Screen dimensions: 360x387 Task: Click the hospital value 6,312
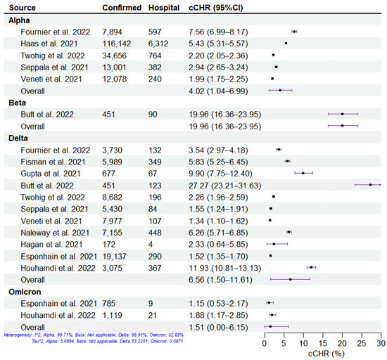click(x=160, y=43)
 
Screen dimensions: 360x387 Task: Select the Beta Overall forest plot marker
click(x=342, y=126)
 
